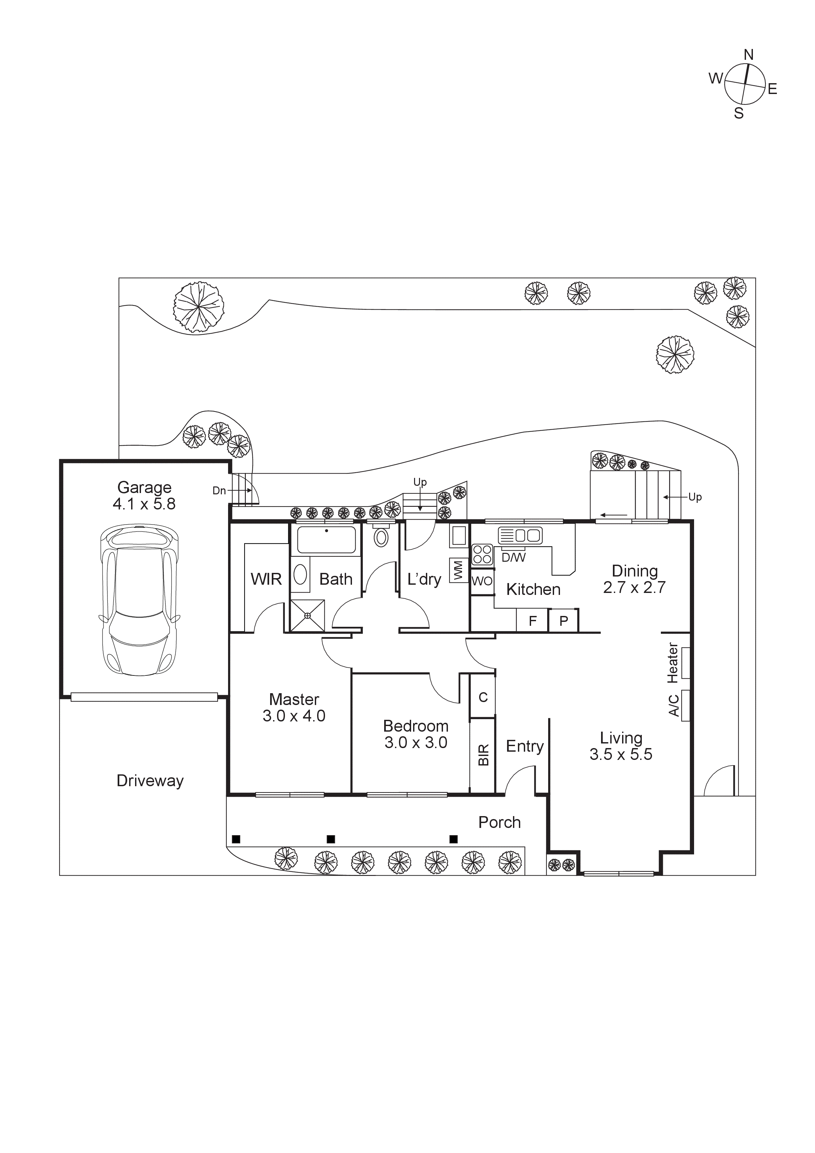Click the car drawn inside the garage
point(140,600)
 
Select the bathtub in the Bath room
point(326,540)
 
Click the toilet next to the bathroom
point(381,537)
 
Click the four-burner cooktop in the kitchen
point(482,554)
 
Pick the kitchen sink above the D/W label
point(520,535)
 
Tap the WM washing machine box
point(457,571)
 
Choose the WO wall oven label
point(482,581)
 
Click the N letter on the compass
point(748,55)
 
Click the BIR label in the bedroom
point(483,755)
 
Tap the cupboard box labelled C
point(483,697)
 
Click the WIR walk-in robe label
point(266,579)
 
